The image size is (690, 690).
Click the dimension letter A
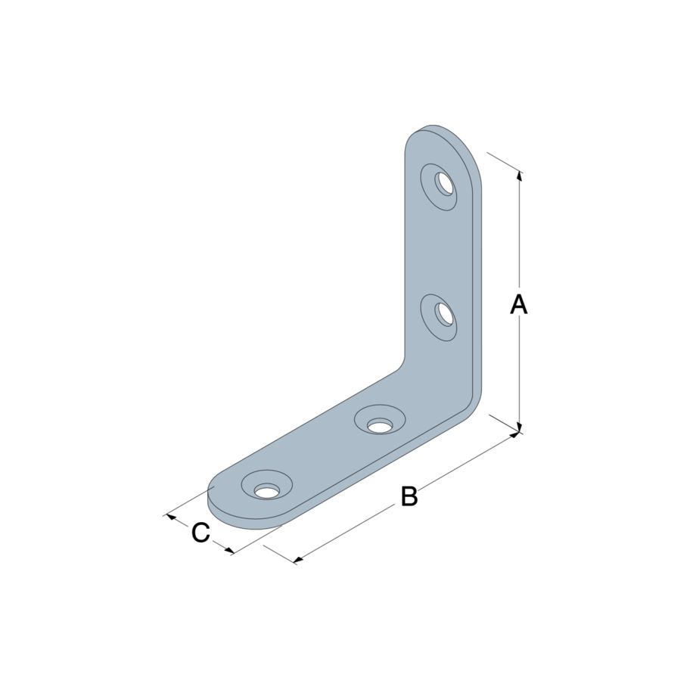click(x=519, y=304)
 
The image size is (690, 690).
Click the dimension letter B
click(x=409, y=496)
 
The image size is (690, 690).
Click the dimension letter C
click(x=200, y=533)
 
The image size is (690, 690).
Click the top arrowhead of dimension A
click(x=520, y=176)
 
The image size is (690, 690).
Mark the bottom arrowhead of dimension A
click(x=520, y=427)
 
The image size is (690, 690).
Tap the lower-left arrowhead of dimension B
click(x=298, y=559)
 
